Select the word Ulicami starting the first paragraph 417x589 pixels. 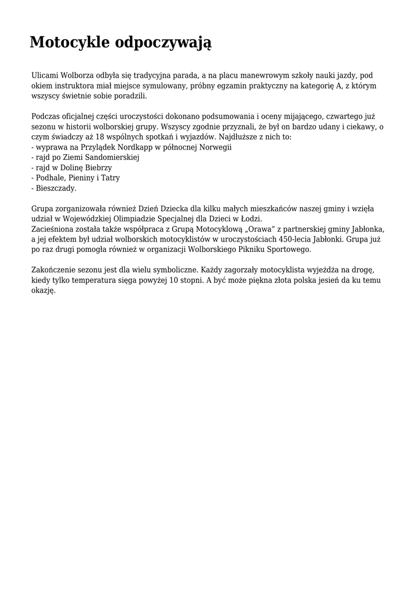coord(45,75)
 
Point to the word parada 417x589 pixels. coord(185,75)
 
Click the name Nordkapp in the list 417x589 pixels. coord(135,147)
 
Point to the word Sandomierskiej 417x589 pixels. coord(113,158)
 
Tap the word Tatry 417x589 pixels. coord(109,178)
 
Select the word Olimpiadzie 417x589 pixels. coord(136,219)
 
